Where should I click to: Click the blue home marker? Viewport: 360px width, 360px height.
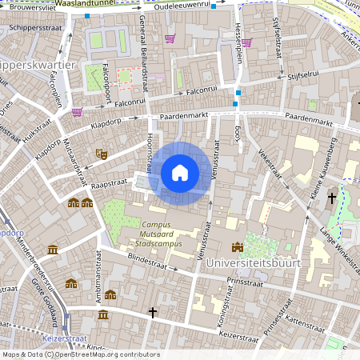(180, 172)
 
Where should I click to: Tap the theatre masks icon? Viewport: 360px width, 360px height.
(102, 152)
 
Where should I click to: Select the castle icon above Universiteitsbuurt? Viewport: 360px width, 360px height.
(237, 247)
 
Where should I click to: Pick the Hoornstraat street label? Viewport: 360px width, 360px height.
(149, 152)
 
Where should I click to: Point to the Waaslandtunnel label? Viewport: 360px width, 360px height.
(83, 4)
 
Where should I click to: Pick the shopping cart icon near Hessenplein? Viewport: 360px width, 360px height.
(246, 42)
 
